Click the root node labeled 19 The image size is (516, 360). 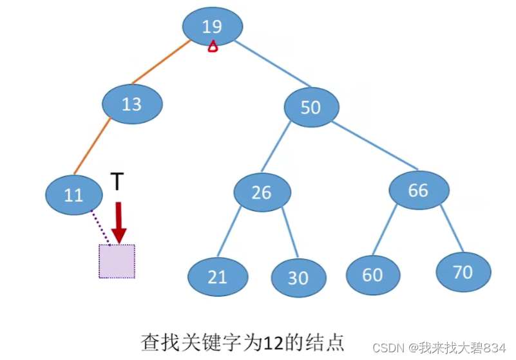coord(212,26)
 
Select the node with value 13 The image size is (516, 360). coord(132,104)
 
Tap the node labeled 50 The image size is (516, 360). coord(311,107)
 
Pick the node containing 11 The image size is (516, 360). coord(74,194)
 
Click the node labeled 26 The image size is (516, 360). coord(262,191)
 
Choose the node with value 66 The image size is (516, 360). coord(418,190)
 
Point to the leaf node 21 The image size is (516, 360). coord(218,277)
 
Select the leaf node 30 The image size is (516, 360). coord(298,278)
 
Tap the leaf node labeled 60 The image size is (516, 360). coord(372,274)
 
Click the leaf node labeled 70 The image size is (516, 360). coord(463,272)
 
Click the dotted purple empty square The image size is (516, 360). coord(117,261)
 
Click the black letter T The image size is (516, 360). coord(117,183)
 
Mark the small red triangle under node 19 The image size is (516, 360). coord(213,46)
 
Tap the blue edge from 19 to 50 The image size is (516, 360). coord(271,64)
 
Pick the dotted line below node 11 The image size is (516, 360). coord(100,227)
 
